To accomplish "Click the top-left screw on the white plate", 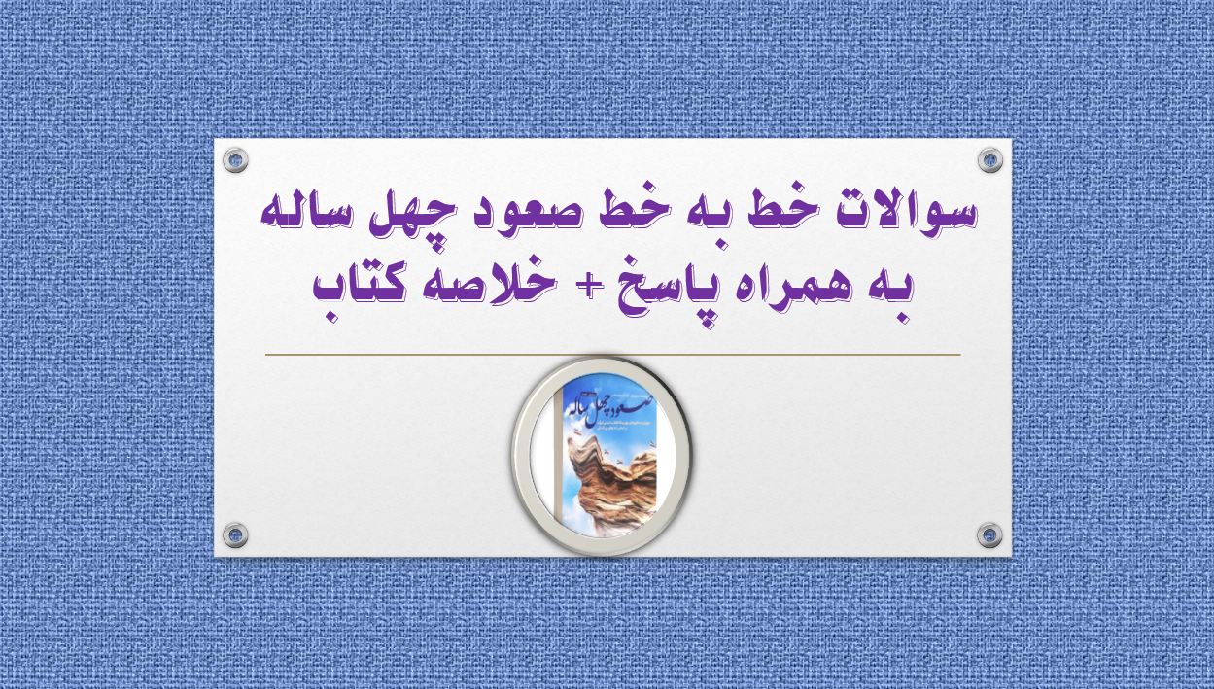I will click(x=235, y=160).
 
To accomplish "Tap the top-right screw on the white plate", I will click(x=989, y=160).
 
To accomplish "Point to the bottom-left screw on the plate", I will click(x=235, y=534).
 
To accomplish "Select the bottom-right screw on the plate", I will click(x=989, y=534).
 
